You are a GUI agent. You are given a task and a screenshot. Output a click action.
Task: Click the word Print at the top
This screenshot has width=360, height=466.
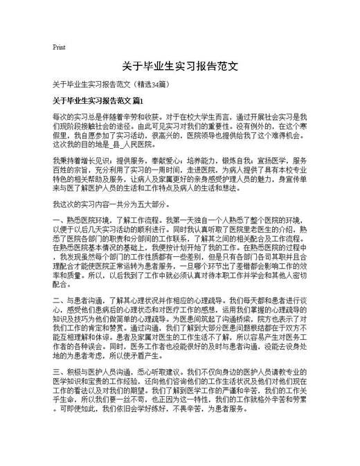click(59, 48)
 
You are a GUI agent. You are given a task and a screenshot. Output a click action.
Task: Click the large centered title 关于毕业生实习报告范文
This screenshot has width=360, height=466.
click(180, 67)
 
